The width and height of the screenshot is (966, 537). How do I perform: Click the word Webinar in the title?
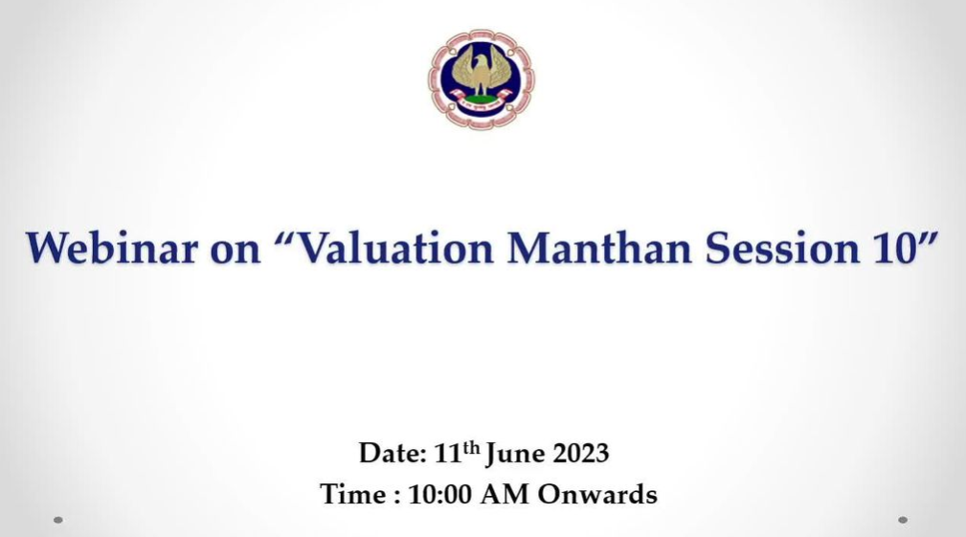(111, 248)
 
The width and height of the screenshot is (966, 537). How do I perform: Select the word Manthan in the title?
(599, 248)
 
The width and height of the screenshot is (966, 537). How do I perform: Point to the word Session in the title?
(782, 248)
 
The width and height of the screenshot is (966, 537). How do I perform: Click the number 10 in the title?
(894, 248)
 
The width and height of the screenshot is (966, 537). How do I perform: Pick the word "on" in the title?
(236, 251)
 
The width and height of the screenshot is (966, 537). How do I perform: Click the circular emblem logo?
(482, 79)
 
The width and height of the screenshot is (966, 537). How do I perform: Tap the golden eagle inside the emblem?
(482, 74)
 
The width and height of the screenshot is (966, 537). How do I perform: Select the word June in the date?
(516, 455)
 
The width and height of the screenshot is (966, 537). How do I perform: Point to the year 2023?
(581, 454)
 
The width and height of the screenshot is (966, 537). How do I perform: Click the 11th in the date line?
(457, 452)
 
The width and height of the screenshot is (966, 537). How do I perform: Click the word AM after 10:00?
(505, 495)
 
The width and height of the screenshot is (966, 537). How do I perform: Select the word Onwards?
(597, 495)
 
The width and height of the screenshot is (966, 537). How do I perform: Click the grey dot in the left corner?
(57, 520)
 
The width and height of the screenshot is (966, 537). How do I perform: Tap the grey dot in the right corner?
(903, 520)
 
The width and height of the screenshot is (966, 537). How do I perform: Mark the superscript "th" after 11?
(471, 446)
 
